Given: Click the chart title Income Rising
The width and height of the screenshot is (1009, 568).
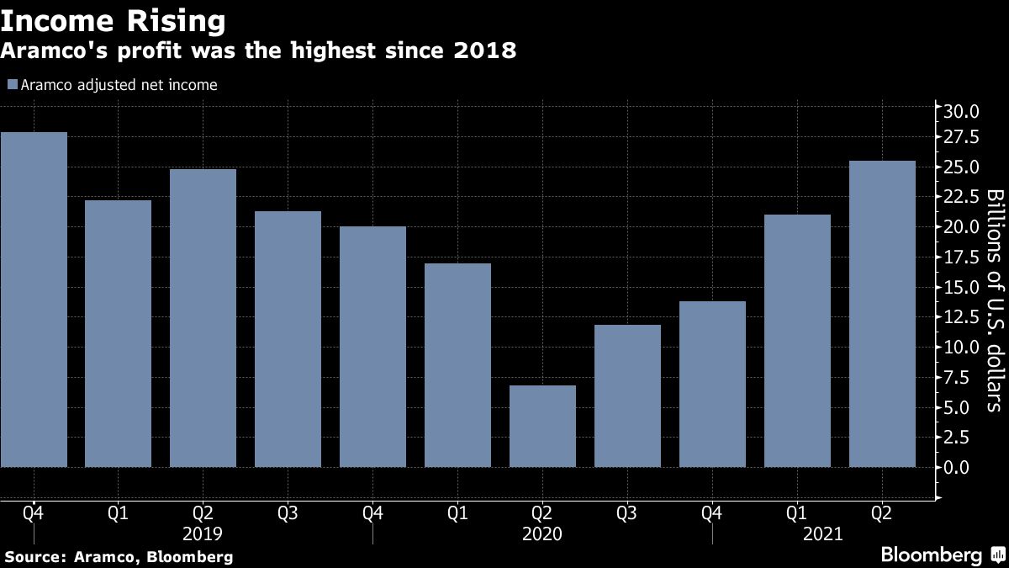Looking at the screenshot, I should (114, 19).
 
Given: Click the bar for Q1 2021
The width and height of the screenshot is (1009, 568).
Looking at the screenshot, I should (797, 340).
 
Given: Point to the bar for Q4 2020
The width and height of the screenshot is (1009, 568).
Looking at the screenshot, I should (712, 384).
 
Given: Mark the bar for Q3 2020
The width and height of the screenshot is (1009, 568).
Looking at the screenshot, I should (627, 395).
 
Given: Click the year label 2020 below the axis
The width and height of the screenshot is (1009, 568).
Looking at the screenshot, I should (542, 533).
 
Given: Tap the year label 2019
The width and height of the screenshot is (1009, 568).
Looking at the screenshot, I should (203, 533).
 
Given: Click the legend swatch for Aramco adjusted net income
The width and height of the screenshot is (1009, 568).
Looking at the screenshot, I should (12, 84).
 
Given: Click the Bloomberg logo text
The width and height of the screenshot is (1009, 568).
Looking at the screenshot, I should (931, 555).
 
